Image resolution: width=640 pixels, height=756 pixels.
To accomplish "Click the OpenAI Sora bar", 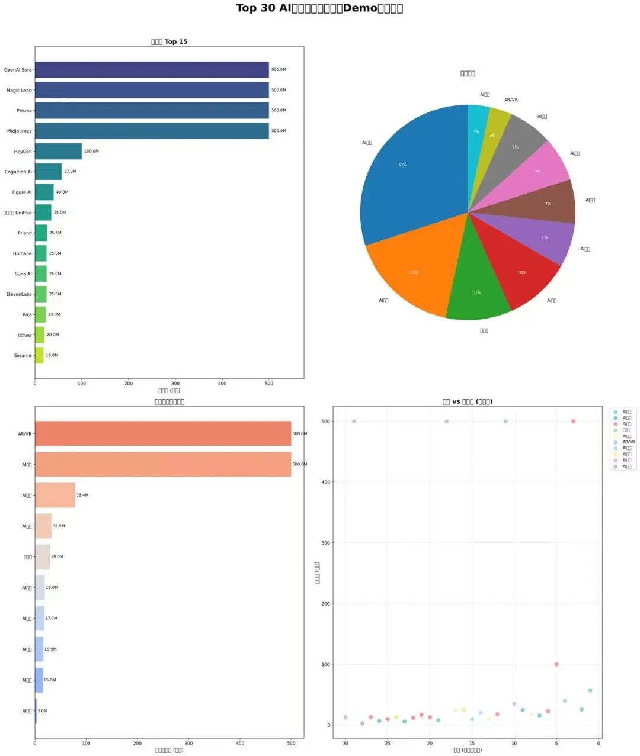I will click(152, 70).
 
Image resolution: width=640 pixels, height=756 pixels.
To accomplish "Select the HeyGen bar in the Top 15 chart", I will click(58, 152).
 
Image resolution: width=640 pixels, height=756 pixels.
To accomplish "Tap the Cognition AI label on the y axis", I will click(18, 172).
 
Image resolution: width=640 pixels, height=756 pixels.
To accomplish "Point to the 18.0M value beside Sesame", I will click(52, 356).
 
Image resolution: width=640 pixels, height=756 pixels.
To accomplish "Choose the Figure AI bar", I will click(44, 192).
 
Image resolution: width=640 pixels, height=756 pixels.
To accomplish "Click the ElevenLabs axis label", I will click(19, 294).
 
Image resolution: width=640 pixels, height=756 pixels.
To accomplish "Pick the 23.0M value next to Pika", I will click(54, 315).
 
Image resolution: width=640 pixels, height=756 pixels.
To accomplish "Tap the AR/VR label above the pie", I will click(511, 100).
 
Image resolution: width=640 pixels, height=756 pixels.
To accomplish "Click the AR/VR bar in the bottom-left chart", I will click(163, 434).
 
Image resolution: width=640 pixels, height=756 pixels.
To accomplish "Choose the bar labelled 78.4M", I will click(55, 496).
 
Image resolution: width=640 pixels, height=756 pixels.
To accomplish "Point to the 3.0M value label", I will click(43, 711).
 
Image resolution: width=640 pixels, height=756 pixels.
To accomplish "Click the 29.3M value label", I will click(57, 557).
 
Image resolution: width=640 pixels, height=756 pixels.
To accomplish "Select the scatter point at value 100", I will click(556, 664).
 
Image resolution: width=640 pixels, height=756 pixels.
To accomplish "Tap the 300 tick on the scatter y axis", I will click(325, 543).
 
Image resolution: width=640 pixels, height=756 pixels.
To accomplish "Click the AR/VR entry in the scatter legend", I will click(628, 442).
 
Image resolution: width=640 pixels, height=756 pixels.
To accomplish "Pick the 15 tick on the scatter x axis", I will click(472, 743).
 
